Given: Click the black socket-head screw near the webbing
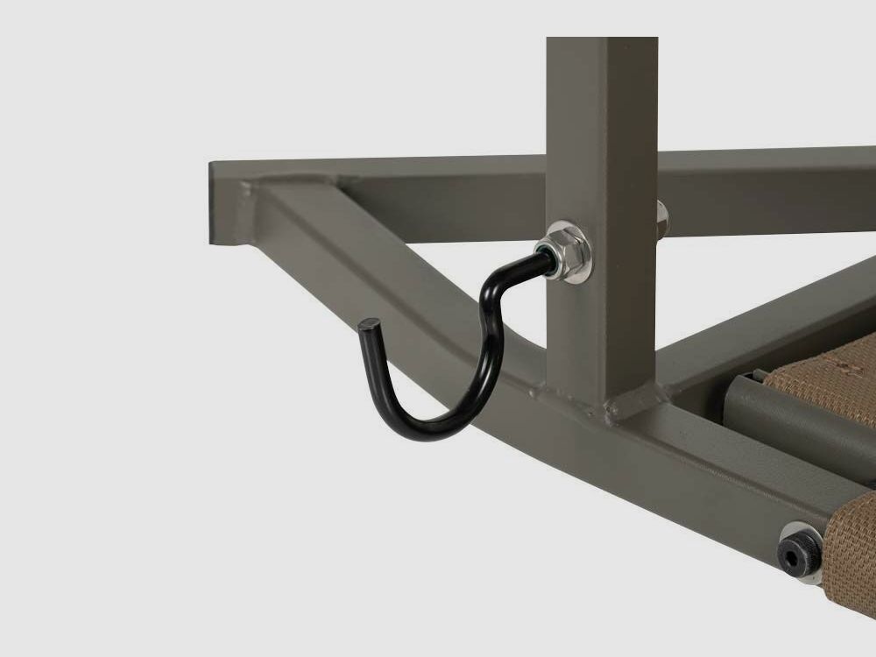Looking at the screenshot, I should pyautogui.click(x=798, y=551).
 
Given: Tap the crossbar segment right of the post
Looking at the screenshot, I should pyautogui.click(x=762, y=188).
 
